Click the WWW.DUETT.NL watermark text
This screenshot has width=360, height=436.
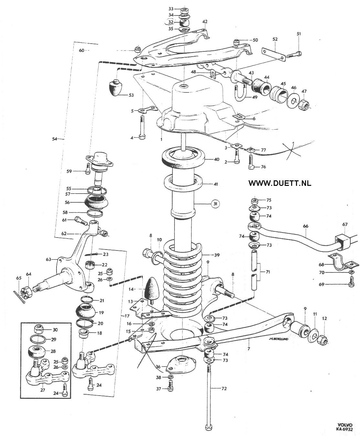pyautogui.click(x=280, y=183)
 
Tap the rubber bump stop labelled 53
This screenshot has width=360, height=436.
pyautogui.click(x=116, y=88)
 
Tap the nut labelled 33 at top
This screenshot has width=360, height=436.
pyautogui.click(x=185, y=10)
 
